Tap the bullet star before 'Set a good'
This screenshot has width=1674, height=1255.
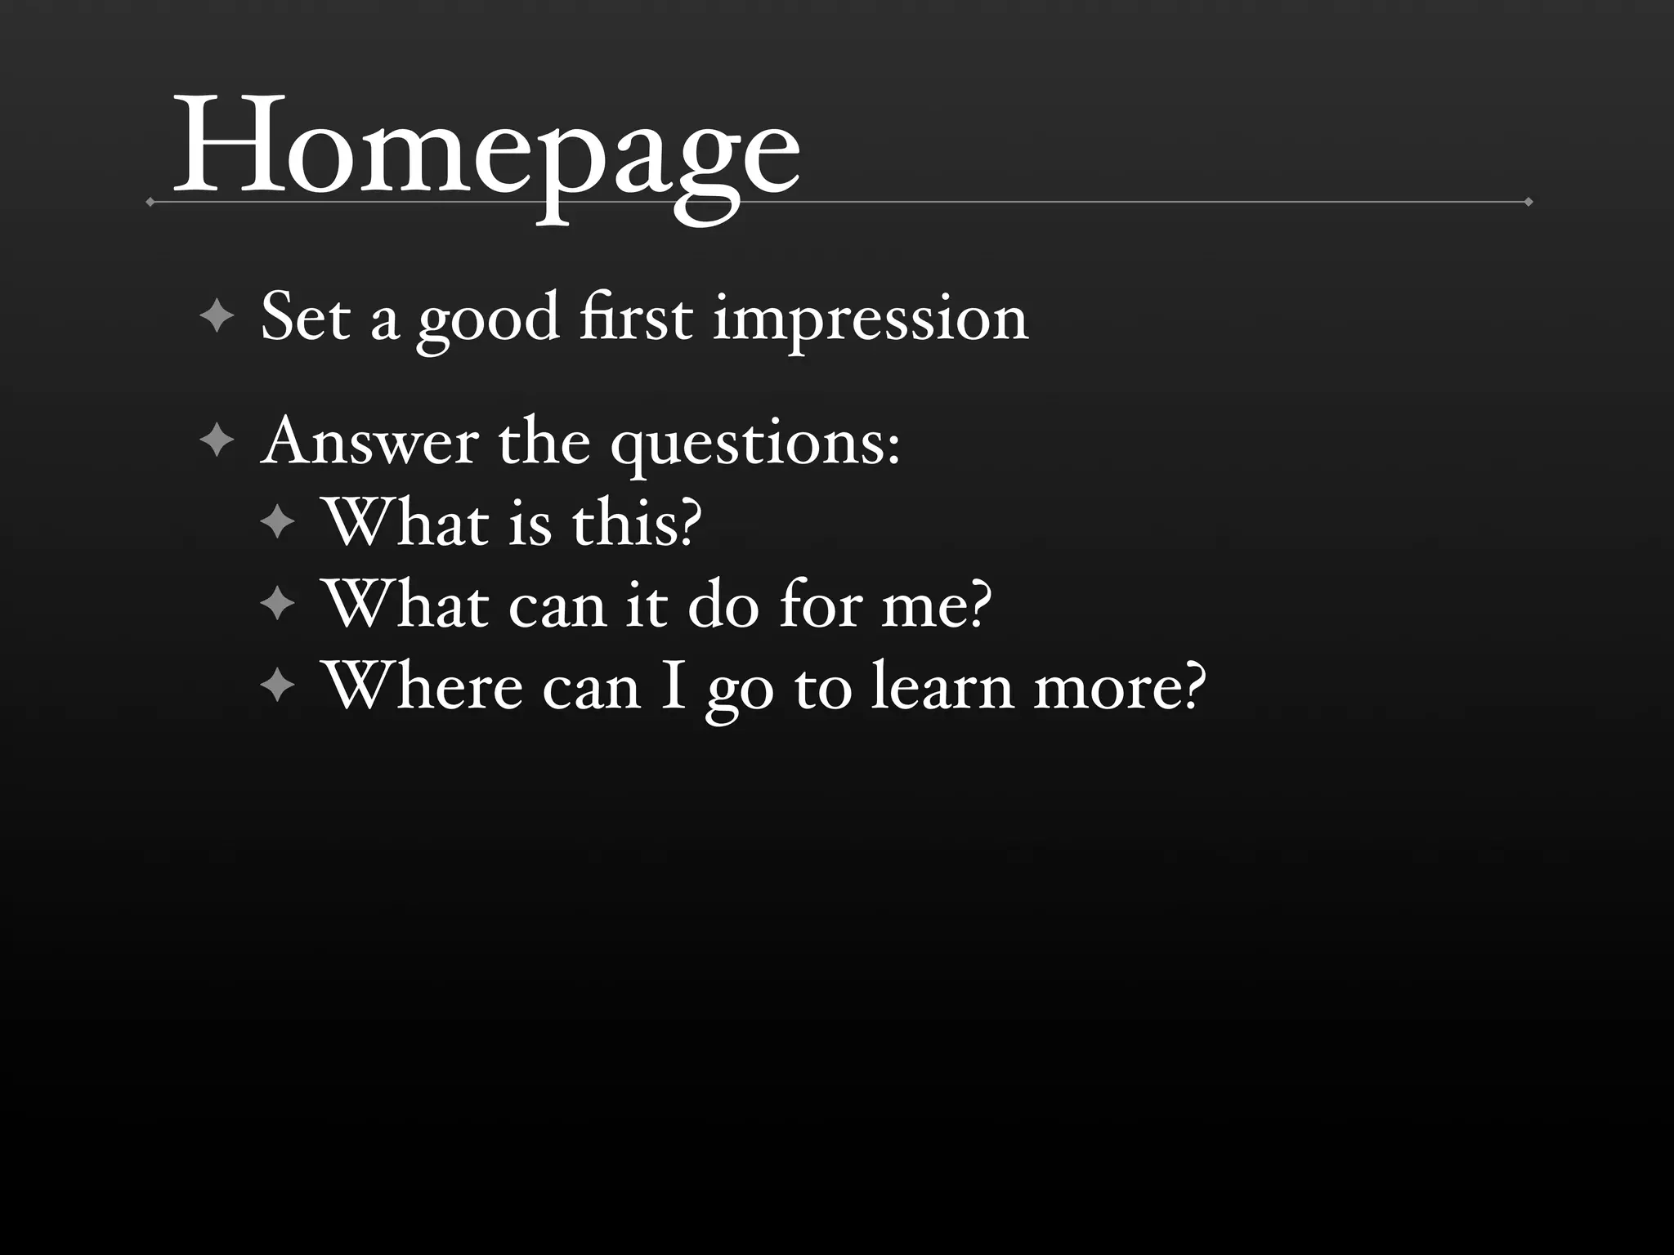click(x=217, y=316)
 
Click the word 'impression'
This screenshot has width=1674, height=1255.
click(x=871, y=319)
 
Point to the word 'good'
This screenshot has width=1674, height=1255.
click(x=489, y=320)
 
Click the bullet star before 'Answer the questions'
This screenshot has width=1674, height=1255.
click(x=217, y=440)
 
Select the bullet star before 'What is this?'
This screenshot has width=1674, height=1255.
click(x=278, y=521)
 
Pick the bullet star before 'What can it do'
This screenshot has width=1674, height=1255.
click(x=278, y=605)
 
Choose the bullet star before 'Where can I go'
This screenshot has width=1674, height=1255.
click(x=278, y=686)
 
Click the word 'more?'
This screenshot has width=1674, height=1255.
click(x=1120, y=688)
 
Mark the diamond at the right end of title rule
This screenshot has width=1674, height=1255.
click(x=1528, y=202)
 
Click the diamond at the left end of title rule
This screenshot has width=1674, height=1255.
click(x=150, y=202)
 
